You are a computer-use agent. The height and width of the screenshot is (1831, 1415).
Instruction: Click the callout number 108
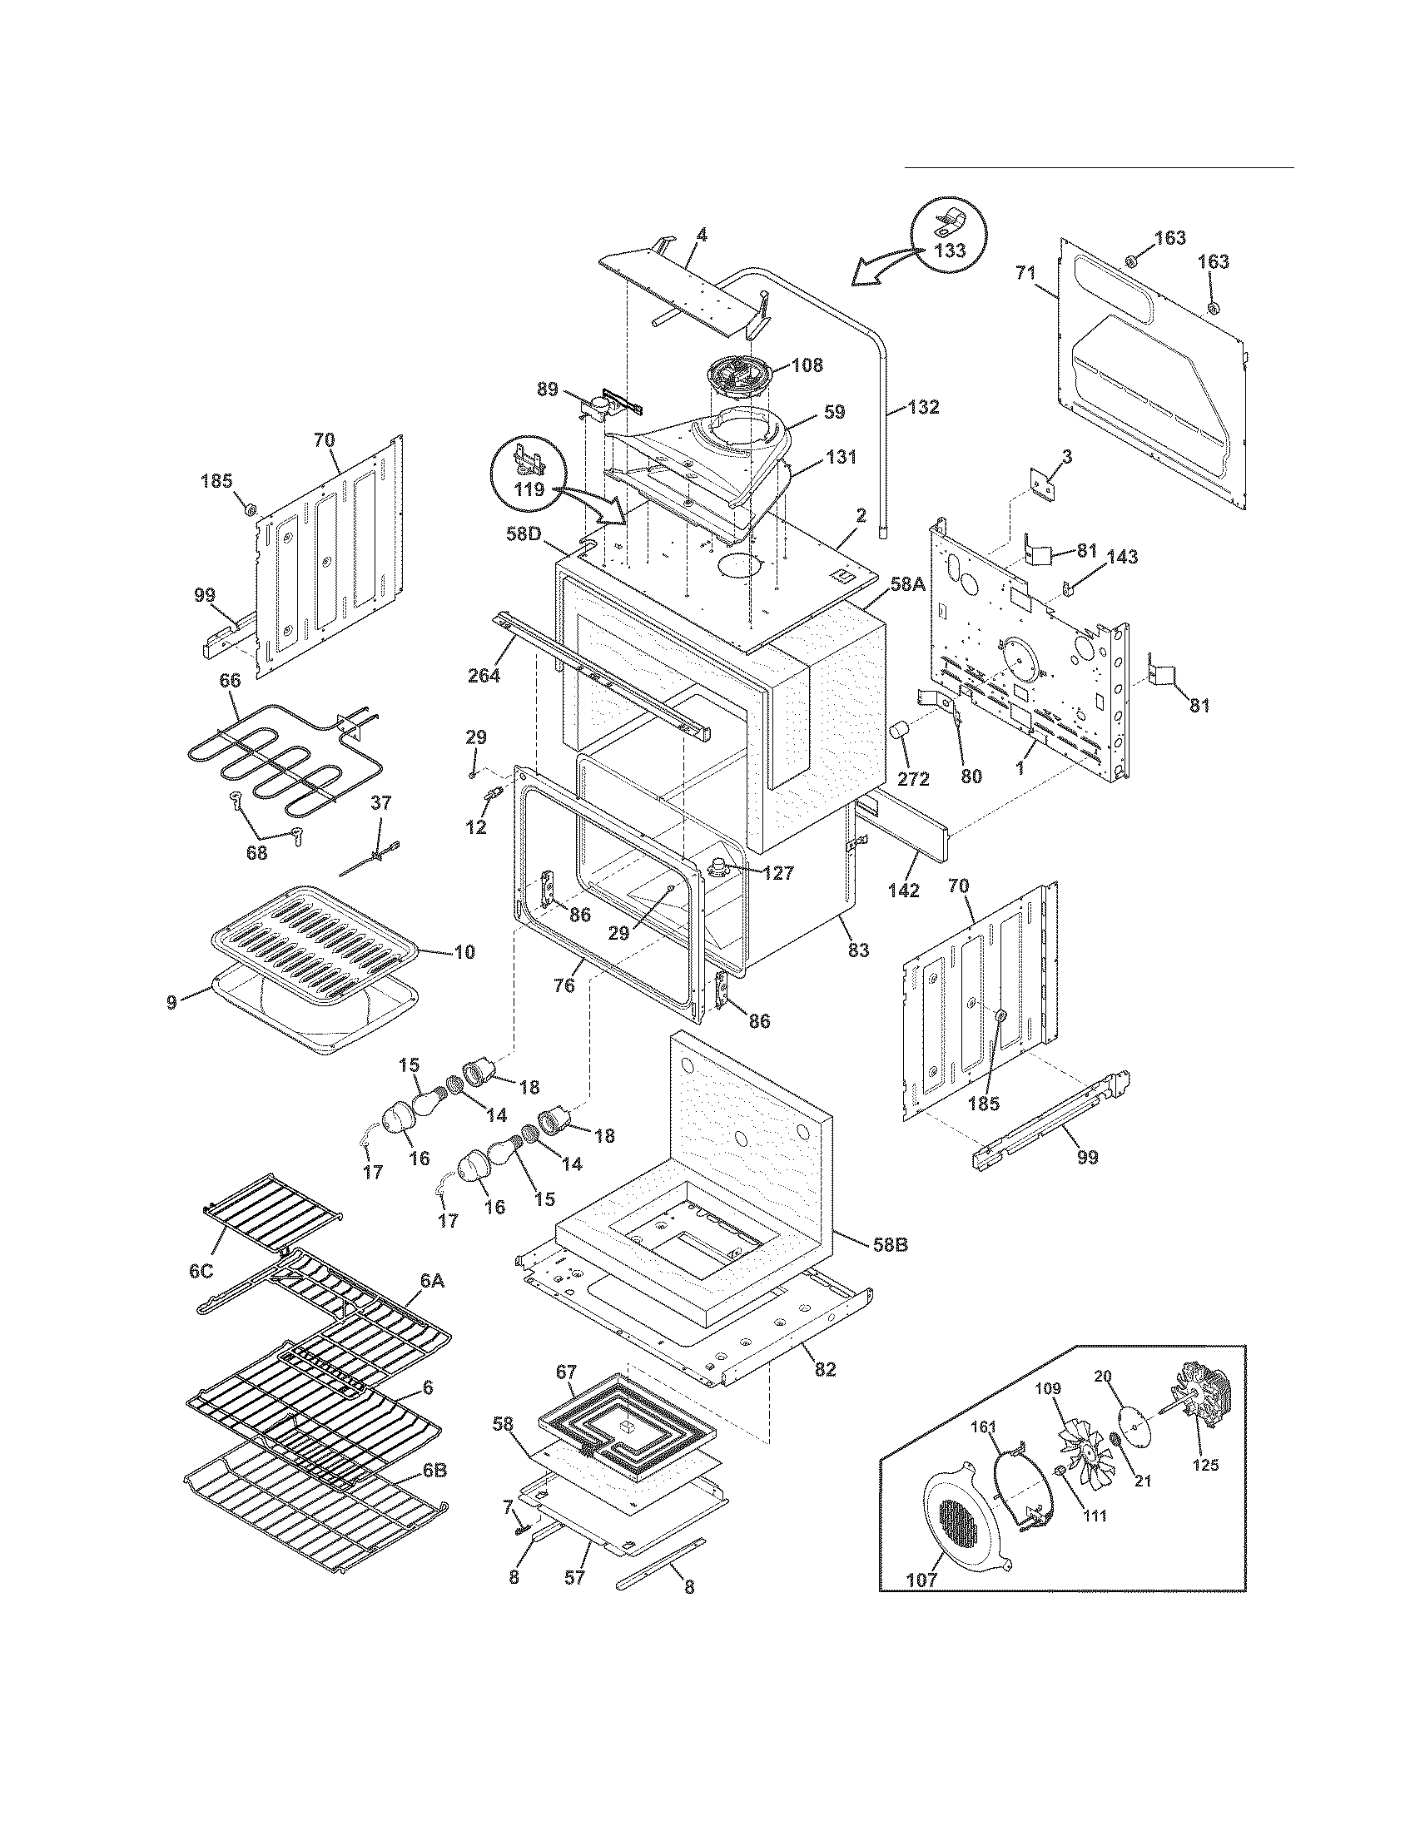click(x=806, y=365)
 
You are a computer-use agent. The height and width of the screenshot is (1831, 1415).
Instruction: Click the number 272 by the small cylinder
click(x=913, y=778)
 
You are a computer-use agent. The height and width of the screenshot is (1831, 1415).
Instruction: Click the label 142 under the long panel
click(x=904, y=891)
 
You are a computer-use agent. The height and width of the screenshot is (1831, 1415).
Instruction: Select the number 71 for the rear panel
click(x=1025, y=272)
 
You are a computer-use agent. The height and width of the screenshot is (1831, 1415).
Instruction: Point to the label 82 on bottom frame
click(x=825, y=1369)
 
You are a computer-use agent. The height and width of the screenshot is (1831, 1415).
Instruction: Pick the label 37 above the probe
click(x=380, y=802)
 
